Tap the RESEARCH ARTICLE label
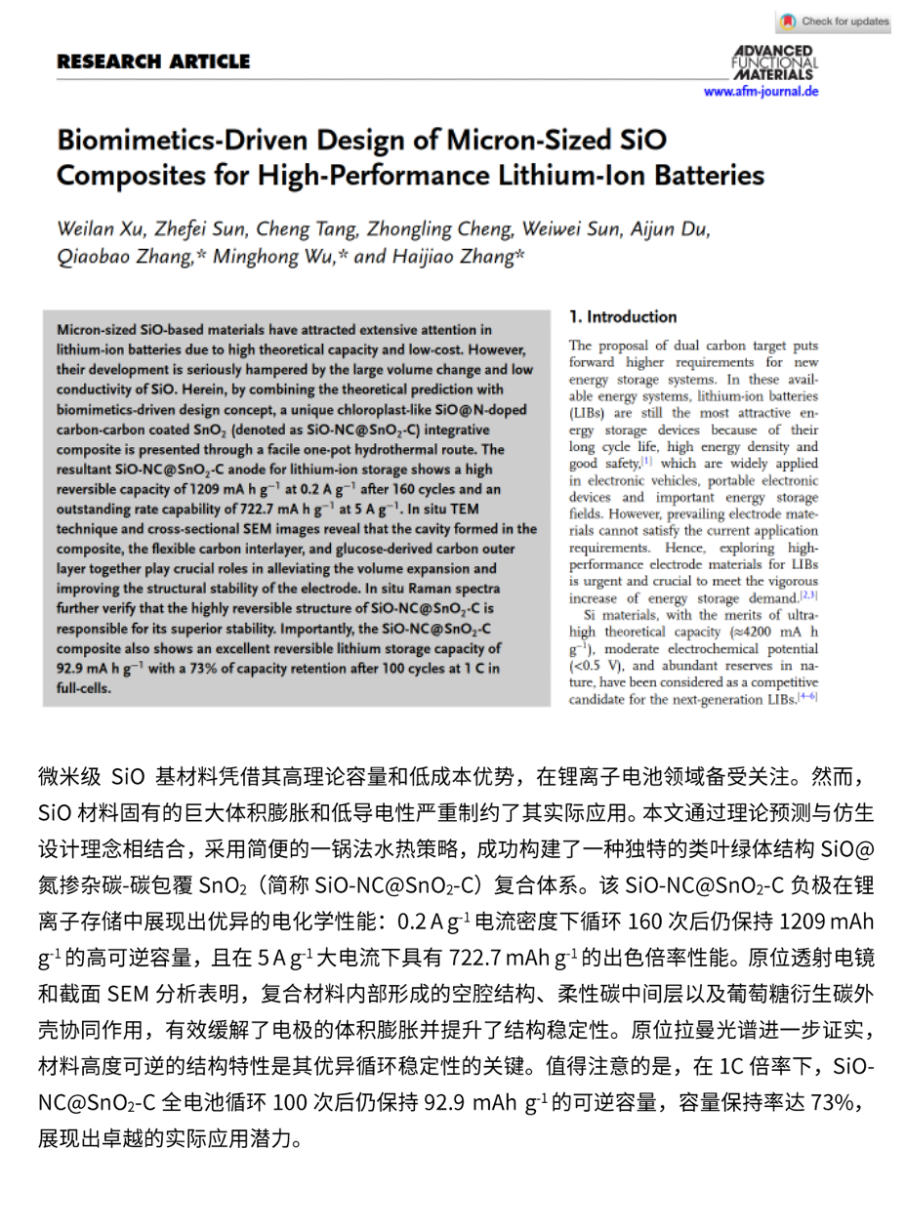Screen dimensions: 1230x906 tap(153, 61)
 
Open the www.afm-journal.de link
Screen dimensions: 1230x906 tap(761, 91)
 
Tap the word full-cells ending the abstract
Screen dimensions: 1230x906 tap(85, 686)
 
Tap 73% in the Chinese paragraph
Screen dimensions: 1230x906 tap(835, 1106)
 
